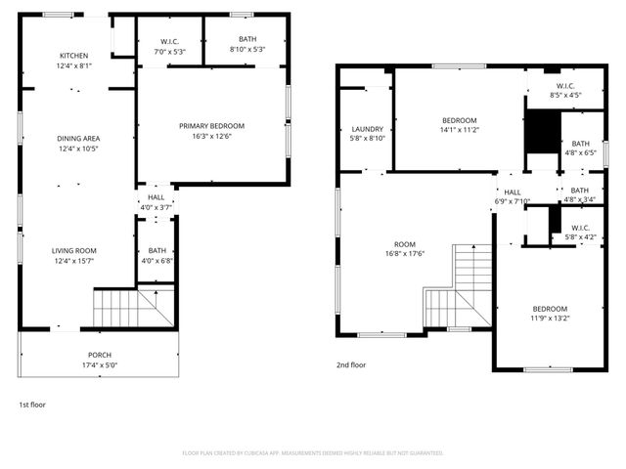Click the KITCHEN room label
[x=74, y=56]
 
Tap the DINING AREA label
[x=78, y=138]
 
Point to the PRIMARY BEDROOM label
[x=211, y=126]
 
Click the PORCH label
[x=100, y=355]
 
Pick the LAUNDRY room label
[x=367, y=129]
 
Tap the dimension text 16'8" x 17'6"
[x=405, y=255]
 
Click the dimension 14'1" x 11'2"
[x=459, y=130]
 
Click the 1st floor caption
[x=32, y=405]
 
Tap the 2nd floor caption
[x=351, y=365]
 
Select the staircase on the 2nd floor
[x=455, y=288]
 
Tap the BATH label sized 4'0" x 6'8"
[x=157, y=251]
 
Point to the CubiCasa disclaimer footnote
[x=313, y=453]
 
